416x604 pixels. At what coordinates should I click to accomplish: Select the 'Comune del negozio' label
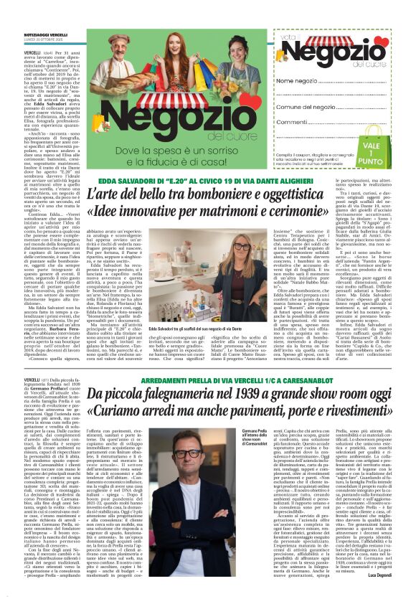(307, 106)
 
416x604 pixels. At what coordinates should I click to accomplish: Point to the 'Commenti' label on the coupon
(294, 121)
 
